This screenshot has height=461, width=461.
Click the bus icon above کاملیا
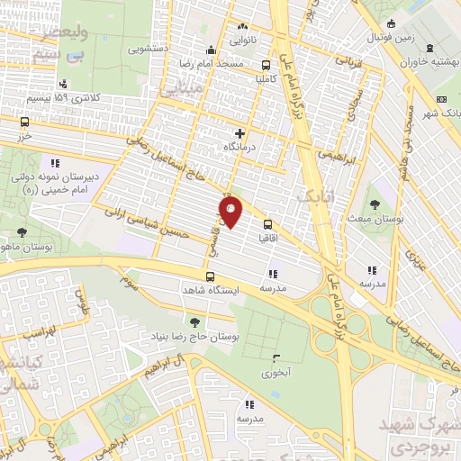click(x=266, y=65)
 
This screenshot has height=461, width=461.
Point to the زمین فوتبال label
click(x=391, y=39)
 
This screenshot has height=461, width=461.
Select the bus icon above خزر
click(x=24, y=122)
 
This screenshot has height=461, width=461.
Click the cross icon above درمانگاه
click(x=240, y=133)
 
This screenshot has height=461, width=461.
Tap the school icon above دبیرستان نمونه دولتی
click(x=55, y=164)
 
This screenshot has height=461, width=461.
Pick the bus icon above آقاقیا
click(x=267, y=224)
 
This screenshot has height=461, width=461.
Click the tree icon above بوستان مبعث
click(x=375, y=205)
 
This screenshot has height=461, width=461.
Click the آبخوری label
click(x=276, y=371)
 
